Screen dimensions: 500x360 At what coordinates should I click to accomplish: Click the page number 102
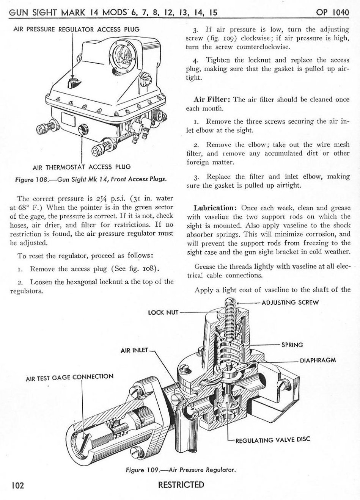click(17, 485)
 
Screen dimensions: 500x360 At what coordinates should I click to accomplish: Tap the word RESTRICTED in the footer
click(181, 485)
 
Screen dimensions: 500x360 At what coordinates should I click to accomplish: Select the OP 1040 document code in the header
click(332, 12)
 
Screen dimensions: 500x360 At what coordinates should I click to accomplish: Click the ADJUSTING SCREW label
click(290, 303)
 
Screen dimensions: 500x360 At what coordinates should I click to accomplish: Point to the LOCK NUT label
click(163, 313)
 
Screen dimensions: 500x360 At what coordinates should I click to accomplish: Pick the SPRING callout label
click(292, 345)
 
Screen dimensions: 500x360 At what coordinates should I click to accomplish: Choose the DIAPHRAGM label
click(318, 360)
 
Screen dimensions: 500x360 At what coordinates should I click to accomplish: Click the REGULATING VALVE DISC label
click(273, 440)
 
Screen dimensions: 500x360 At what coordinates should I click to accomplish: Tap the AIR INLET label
click(134, 350)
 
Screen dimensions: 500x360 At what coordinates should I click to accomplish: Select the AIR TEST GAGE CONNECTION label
click(69, 377)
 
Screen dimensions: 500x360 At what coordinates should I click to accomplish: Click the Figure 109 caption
click(181, 470)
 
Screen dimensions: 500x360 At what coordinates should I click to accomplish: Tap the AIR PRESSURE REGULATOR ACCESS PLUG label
click(76, 29)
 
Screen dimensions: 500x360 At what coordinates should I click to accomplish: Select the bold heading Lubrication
click(215, 208)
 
